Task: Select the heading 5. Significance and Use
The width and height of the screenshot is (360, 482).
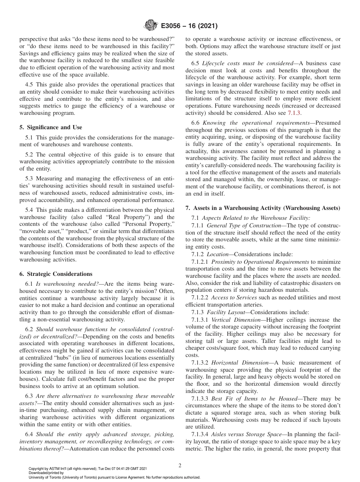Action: [x=50, y=127]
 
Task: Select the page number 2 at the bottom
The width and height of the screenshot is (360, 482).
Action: [x=180, y=466]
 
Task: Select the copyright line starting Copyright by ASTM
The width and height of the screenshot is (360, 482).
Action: [x=88, y=469]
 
